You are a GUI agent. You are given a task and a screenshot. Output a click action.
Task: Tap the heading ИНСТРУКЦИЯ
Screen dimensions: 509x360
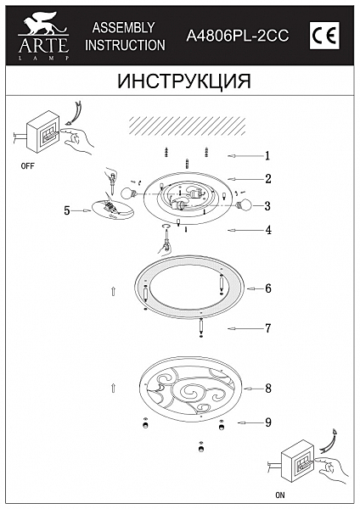click(180, 81)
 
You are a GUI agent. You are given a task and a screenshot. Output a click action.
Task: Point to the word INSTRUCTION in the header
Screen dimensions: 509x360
click(125, 44)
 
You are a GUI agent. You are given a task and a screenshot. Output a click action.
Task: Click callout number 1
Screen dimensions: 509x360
click(267, 155)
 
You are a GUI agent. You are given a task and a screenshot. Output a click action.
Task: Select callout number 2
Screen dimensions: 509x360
click(267, 179)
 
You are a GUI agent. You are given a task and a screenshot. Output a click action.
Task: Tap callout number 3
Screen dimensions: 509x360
click(267, 205)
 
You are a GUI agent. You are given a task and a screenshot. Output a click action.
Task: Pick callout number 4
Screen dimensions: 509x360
click(267, 230)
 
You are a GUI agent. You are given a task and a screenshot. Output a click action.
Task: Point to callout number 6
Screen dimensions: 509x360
click(267, 288)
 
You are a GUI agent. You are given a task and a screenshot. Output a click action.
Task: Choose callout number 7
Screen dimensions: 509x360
click(267, 327)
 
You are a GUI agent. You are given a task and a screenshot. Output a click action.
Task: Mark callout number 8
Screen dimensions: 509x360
click(267, 389)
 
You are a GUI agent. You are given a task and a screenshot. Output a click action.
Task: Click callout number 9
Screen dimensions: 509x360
click(267, 422)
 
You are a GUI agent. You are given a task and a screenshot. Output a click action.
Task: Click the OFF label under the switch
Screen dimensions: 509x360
click(28, 168)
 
